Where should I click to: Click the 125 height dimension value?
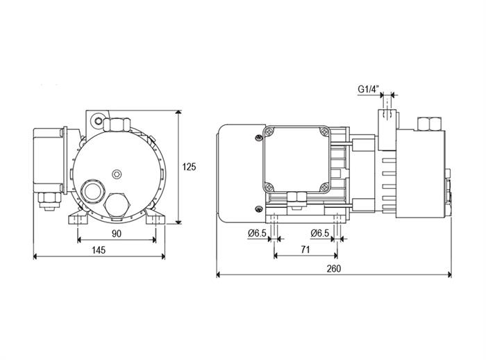[x=189, y=167]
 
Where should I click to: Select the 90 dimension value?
[x=117, y=234]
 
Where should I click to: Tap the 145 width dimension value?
[x=99, y=249]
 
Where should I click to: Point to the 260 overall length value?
[x=333, y=268]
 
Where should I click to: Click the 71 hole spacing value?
[x=305, y=249]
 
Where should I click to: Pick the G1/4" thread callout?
[x=369, y=89]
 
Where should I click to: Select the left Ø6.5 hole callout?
[x=257, y=233]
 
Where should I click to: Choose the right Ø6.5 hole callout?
[x=319, y=233]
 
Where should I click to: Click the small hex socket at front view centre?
[x=117, y=174]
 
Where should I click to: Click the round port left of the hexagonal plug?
[x=92, y=191]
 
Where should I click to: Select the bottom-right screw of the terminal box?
[x=324, y=187]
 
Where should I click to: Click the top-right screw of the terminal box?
[x=324, y=132]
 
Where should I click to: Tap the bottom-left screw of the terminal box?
[x=269, y=187]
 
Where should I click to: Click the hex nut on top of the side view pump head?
[x=429, y=124]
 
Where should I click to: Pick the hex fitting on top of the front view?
[x=116, y=124]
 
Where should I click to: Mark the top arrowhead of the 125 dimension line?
[x=178, y=113]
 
